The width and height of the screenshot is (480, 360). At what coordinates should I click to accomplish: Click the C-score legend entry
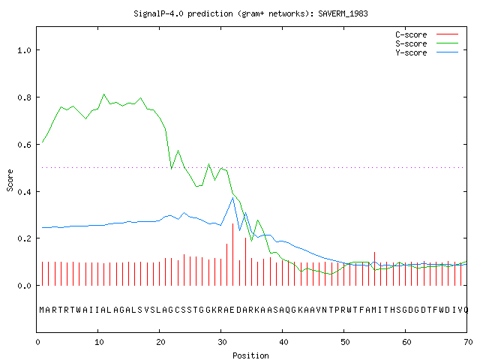click(427, 34)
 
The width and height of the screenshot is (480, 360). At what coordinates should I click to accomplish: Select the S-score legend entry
click(427, 43)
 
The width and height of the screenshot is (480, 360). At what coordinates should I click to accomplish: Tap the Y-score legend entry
click(427, 52)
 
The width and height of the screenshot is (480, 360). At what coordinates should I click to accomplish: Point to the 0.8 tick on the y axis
click(25, 97)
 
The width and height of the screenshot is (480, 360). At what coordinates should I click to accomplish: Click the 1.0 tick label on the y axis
click(25, 50)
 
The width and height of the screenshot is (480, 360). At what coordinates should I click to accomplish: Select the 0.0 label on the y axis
click(25, 286)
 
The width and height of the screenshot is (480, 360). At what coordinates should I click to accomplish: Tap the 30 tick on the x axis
click(222, 342)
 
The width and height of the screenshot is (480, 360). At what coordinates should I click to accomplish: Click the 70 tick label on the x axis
click(468, 342)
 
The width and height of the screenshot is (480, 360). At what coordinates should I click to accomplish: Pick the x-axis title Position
click(250, 355)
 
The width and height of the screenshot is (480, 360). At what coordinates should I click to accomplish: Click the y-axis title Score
click(10, 180)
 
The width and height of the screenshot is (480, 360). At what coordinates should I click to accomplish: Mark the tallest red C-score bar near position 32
click(233, 255)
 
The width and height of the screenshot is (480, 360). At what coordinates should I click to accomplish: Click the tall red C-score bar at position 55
click(374, 268)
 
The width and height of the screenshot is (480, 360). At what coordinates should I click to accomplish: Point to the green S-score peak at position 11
click(104, 94)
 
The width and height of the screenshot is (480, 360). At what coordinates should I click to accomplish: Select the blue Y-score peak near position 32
click(232, 198)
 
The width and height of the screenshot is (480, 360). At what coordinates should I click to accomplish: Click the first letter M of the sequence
click(42, 310)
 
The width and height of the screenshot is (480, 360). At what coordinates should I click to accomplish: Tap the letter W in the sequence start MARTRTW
click(79, 310)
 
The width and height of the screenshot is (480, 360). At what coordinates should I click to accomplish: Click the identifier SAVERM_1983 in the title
click(343, 13)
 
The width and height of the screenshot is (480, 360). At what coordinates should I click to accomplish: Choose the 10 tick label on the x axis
click(99, 342)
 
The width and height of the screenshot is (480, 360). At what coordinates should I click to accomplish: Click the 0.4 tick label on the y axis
click(25, 192)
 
